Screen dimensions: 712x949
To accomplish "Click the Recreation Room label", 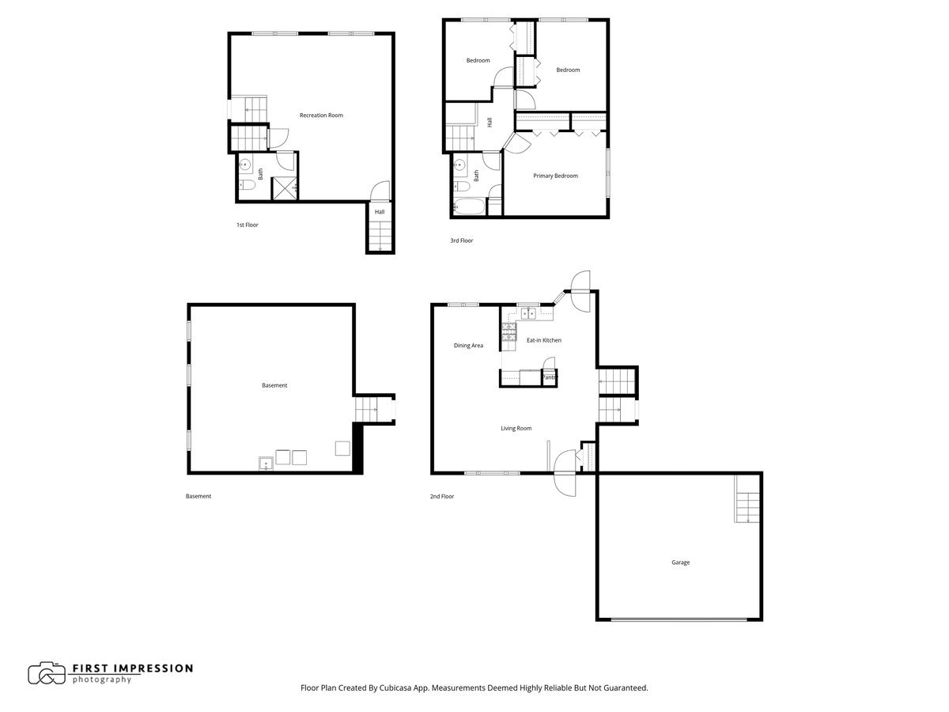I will point(321,116).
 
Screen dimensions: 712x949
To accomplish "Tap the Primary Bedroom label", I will point(555,176).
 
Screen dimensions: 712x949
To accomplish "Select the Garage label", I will point(680,562).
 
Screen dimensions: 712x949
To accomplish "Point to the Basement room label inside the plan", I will point(274,385).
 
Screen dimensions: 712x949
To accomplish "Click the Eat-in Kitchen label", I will point(544,340).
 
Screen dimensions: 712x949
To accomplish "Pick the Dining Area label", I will point(468,346).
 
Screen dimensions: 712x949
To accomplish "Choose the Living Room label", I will point(516,428).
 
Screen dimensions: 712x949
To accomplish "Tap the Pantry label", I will point(550,377).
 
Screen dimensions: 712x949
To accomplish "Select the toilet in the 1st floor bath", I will point(247,187).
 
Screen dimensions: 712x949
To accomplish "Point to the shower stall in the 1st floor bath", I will point(284,187).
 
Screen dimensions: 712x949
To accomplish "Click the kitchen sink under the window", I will point(527,314).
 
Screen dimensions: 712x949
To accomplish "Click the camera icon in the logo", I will point(47,673).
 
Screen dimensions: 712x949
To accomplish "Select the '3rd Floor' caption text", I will point(462,240).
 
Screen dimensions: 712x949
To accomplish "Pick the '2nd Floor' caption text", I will point(442,497).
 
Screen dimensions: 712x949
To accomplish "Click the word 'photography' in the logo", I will point(102,680).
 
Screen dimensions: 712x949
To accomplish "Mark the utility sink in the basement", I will point(265,461).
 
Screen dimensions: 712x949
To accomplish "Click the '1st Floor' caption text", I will point(248,225).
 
